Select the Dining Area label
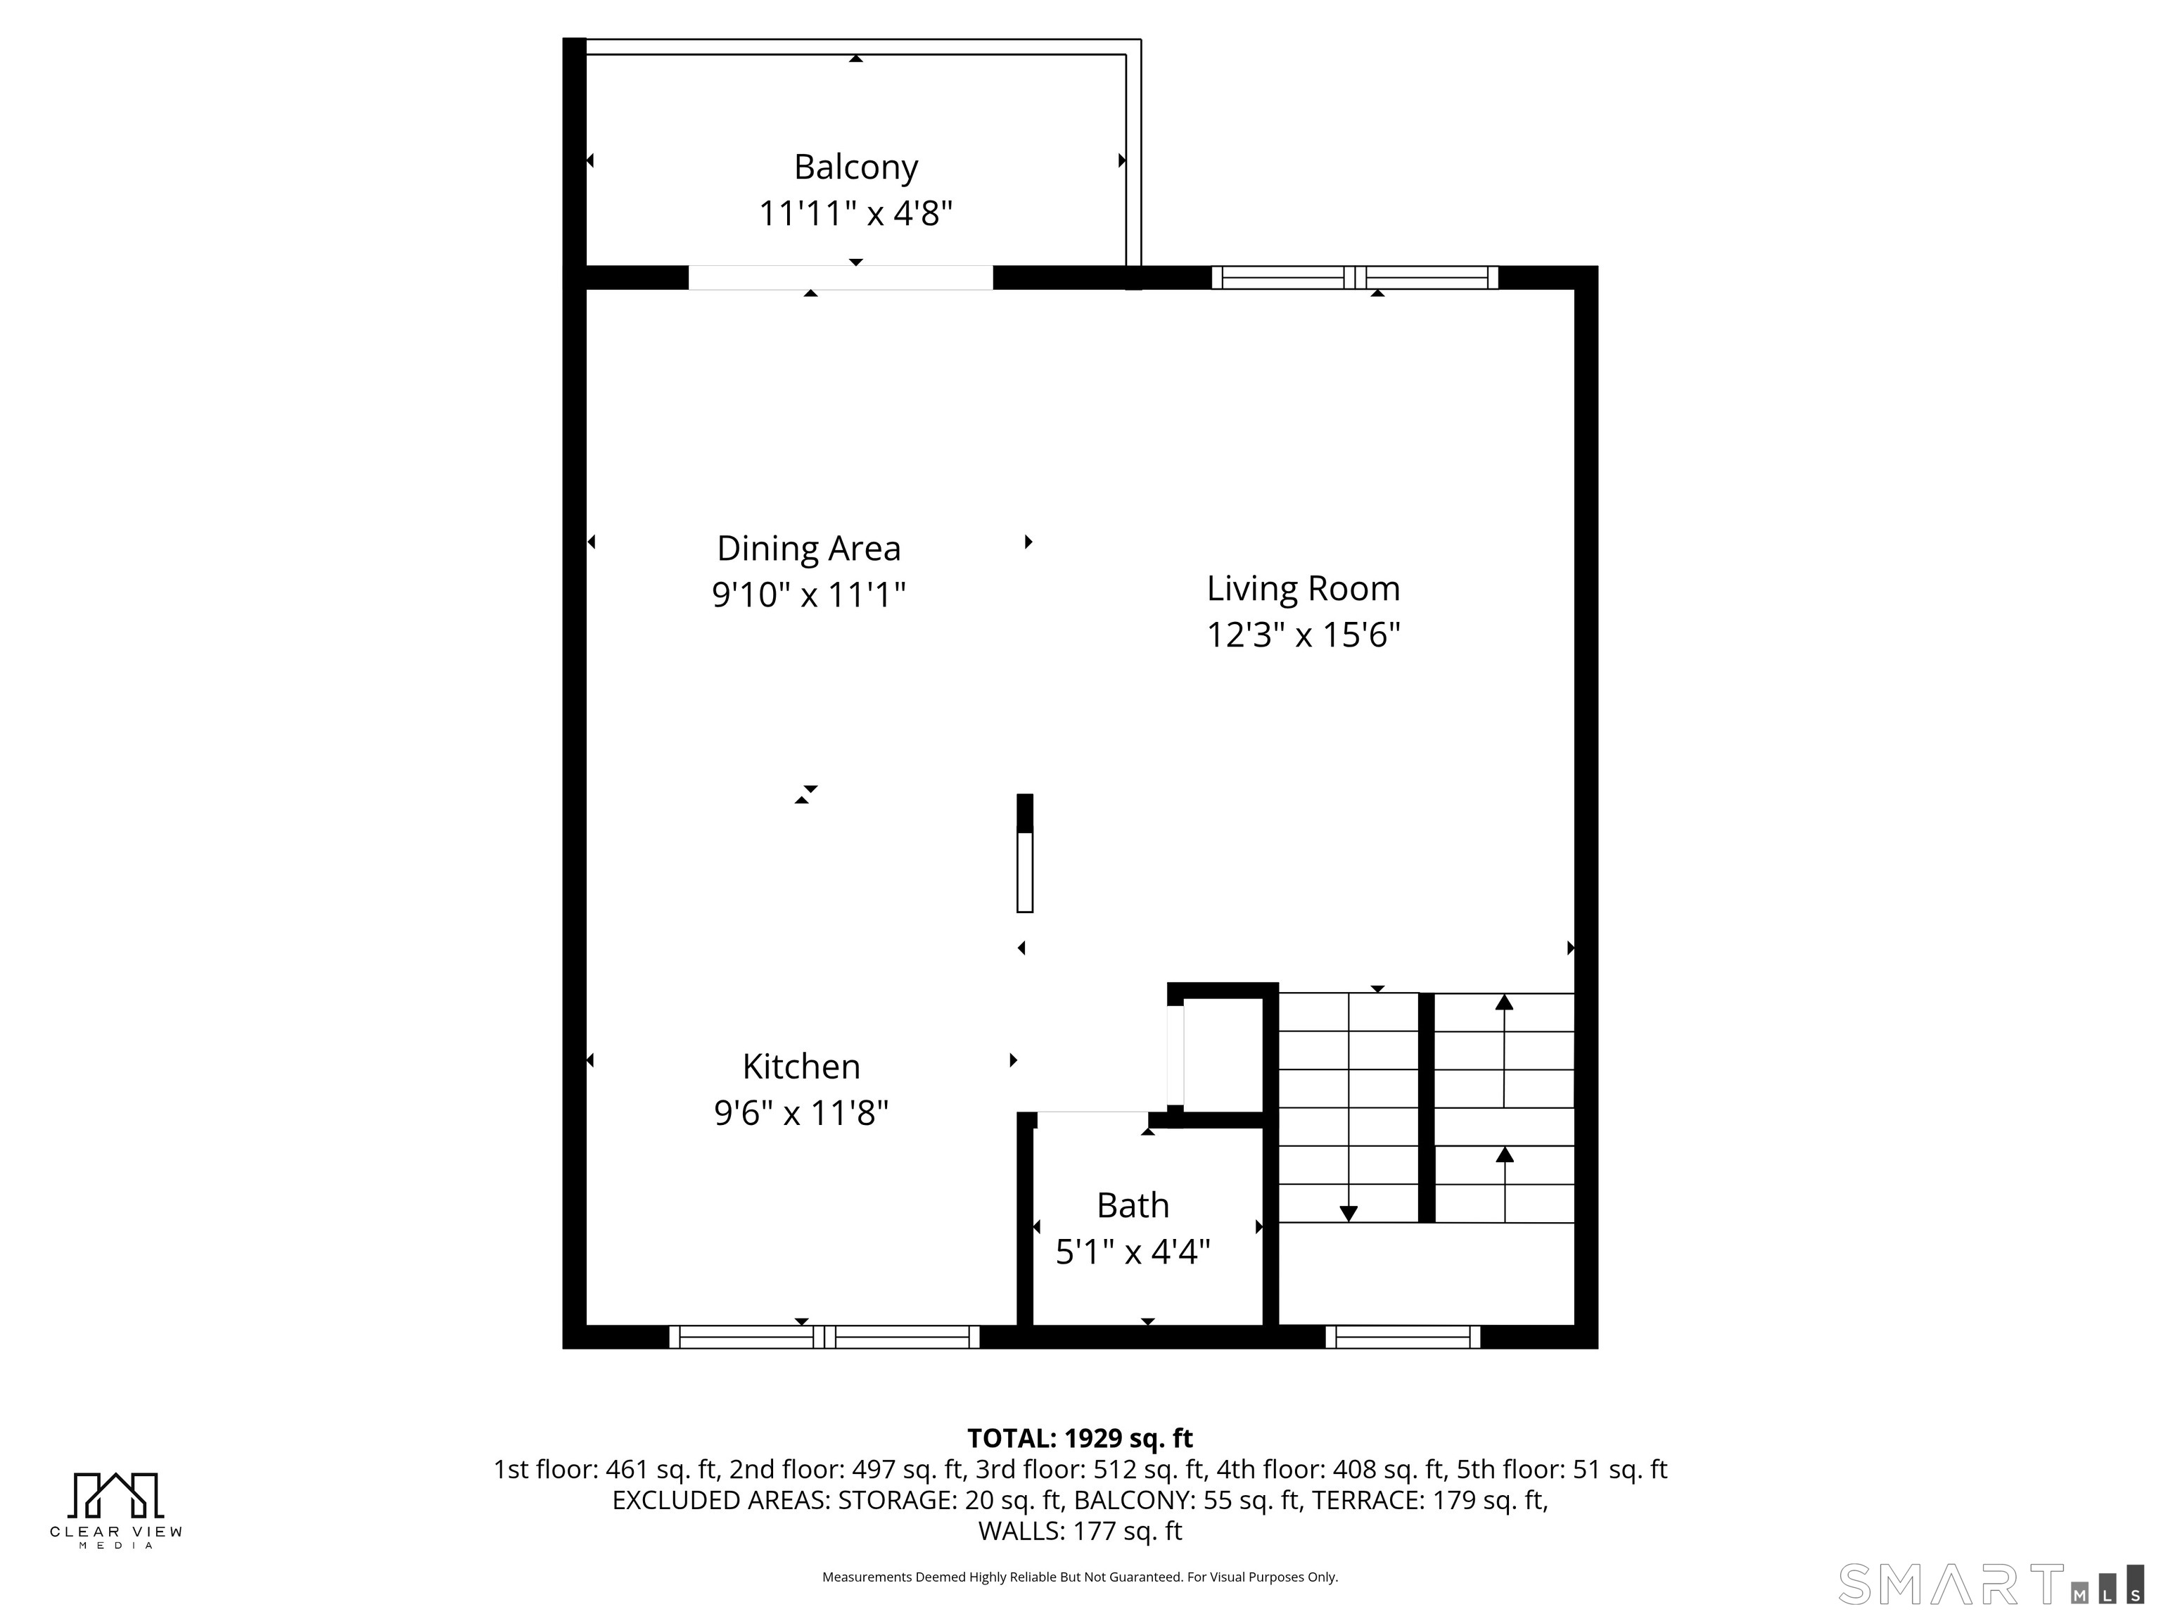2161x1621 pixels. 808,548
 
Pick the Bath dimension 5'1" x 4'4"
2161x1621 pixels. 1133,1251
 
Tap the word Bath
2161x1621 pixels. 1133,1204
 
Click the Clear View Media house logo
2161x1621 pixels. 115,1495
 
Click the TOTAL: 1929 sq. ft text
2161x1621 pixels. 1080,1438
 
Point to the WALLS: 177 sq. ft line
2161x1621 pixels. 1080,1531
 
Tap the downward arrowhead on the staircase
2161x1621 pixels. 1349,1214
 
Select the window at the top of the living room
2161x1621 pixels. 1354,277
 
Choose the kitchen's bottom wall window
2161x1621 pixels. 824,1337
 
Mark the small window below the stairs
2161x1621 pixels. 1402,1337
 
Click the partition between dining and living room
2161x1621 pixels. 1025,854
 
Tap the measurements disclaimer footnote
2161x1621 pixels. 1080,1577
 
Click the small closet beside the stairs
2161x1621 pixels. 1223,1055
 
